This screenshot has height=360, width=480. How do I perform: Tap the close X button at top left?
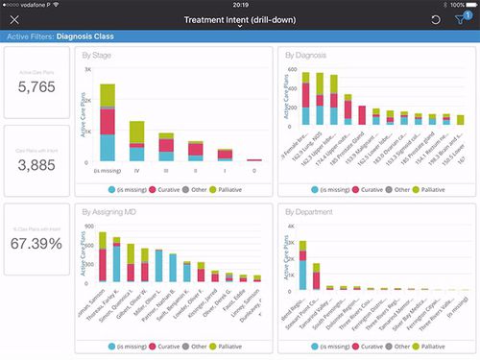click(13, 20)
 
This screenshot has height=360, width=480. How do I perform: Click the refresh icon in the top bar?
click(436, 20)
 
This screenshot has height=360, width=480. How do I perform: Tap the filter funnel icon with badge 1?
click(462, 20)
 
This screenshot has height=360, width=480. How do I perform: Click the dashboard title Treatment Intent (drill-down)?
click(239, 19)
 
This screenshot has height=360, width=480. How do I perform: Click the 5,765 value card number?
click(36, 88)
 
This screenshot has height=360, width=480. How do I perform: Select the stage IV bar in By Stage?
click(137, 141)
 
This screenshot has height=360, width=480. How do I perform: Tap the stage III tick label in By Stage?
click(166, 170)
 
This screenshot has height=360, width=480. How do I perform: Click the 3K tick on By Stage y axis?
click(87, 70)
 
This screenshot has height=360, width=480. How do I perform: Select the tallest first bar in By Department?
click(301, 265)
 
